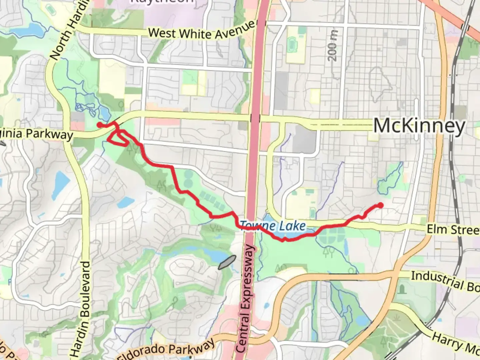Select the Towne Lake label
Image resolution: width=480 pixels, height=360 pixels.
coord(273,226)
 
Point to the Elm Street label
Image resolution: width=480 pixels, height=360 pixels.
coord(453,229)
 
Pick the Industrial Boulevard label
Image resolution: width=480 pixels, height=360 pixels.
coord(445,281)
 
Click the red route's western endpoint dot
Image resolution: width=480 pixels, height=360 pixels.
coord(99,125)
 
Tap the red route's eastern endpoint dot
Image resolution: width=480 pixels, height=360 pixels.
coord(380,205)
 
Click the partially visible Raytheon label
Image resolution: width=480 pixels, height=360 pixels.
coord(162,2)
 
